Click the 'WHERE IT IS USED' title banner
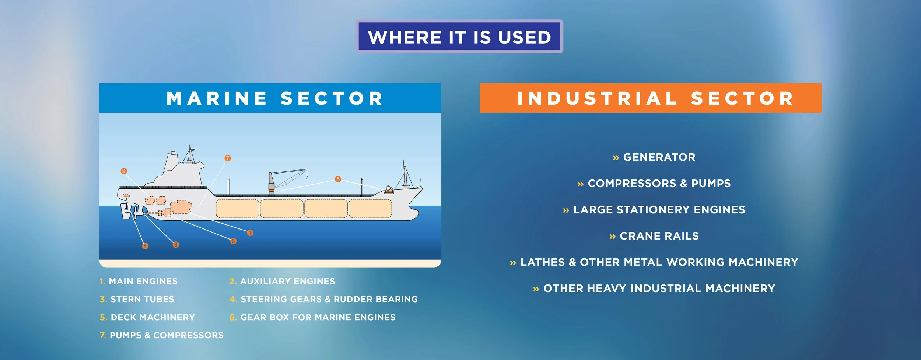(459, 36)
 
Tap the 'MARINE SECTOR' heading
(275, 98)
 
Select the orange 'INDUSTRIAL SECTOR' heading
(651, 98)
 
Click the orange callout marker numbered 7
(228, 158)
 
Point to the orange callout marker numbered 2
(124, 171)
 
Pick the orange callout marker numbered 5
(338, 179)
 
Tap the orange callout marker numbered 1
(250, 233)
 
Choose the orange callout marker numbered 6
(233, 241)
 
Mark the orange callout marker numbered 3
(176, 244)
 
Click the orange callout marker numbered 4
(146, 246)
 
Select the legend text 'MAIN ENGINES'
(143, 281)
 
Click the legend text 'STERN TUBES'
(143, 299)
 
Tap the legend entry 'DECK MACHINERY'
(153, 317)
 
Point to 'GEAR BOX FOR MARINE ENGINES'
(318, 317)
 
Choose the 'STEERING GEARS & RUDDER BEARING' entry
(329, 299)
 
